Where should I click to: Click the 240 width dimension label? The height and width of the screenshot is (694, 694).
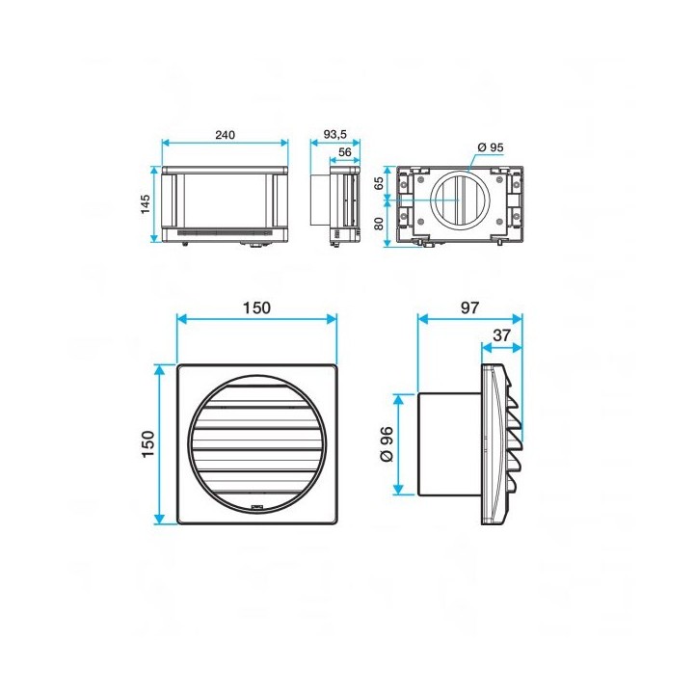(225, 135)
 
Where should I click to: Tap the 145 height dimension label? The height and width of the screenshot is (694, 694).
(146, 204)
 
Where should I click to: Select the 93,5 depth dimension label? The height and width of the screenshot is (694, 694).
(335, 134)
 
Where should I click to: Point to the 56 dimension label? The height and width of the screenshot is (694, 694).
(344, 152)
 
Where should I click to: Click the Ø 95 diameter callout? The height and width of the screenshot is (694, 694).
(491, 147)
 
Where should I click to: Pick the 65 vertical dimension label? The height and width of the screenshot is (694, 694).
(379, 183)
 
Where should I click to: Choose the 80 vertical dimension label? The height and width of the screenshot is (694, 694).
(379, 224)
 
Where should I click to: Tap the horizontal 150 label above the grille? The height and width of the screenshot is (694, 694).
(256, 307)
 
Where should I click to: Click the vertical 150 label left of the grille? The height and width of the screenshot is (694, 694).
(147, 444)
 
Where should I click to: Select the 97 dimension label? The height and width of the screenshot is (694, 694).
(469, 307)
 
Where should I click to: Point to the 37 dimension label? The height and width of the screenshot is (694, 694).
(501, 335)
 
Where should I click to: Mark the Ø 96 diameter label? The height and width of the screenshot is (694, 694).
(387, 444)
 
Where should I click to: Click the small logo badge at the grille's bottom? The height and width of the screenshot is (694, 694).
(257, 508)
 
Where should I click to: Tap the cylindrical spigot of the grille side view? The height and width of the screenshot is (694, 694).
(450, 444)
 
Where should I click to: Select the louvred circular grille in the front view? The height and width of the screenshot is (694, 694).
(257, 444)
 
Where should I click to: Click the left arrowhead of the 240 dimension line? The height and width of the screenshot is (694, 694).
(166, 143)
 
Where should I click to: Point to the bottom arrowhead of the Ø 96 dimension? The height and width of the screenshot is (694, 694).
(398, 490)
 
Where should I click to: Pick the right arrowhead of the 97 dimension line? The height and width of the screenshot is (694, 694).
(517, 319)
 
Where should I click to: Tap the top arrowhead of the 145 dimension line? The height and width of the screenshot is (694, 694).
(154, 171)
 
